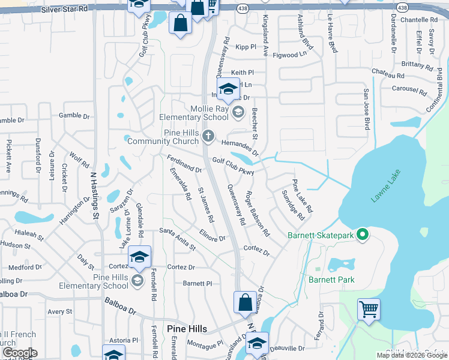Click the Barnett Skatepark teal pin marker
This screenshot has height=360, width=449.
(x=362, y=235)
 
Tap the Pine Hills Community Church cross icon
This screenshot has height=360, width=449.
(x=208, y=136)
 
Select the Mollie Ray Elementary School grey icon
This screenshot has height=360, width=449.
(x=238, y=112)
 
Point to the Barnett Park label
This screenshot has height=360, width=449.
(x=331, y=280)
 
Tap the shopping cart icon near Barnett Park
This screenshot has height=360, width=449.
(x=369, y=310)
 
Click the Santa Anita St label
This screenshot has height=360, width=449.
(x=178, y=238)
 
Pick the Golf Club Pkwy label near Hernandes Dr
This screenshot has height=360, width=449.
(x=234, y=166)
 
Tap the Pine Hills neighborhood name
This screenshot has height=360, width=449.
(x=187, y=329)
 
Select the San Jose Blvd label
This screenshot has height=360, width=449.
(x=366, y=110)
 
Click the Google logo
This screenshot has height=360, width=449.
(x=19, y=352)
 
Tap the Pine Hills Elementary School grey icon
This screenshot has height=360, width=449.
(x=137, y=281)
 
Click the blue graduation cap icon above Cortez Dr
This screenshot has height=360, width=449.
(x=139, y=257)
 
